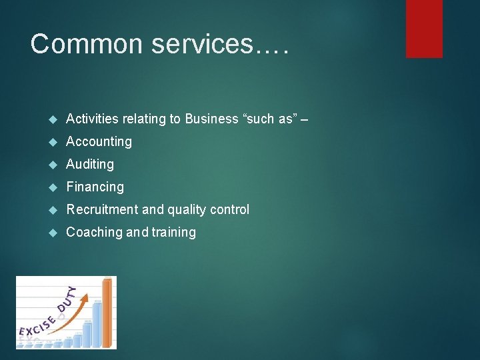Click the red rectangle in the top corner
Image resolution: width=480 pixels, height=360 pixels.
(x=424, y=28)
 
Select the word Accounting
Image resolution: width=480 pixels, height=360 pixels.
(x=99, y=141)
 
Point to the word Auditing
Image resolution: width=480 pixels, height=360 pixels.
(x=90, y=164)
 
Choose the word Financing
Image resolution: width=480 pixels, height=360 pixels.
(x=95, y=187)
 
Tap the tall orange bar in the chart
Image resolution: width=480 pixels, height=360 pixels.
(x=107, y=313)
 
